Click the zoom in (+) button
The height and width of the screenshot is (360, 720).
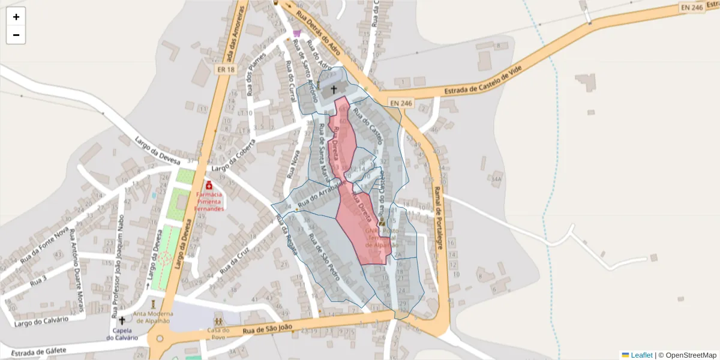point(16,17)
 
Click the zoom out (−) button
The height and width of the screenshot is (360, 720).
point(16,35)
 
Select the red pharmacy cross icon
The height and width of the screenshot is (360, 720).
point(209,186)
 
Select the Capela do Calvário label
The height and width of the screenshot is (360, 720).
point(122,334)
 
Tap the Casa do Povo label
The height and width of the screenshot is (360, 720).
point(218,334)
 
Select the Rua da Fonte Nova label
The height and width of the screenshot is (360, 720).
point(45,246)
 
